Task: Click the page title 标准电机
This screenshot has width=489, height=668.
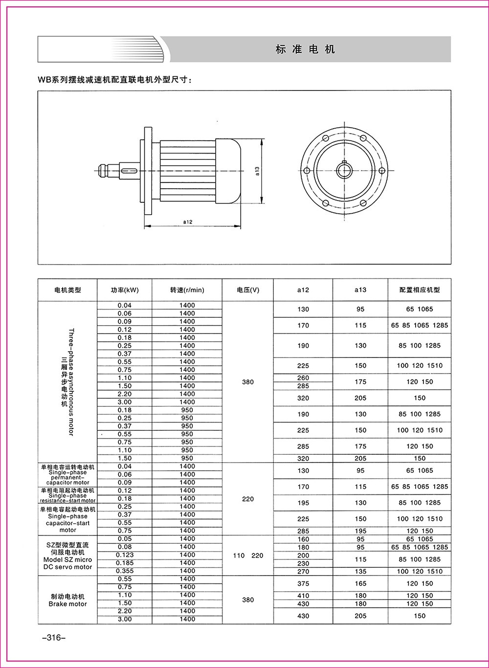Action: tap(305, 49)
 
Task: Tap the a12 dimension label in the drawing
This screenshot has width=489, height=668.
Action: tap(188, 222)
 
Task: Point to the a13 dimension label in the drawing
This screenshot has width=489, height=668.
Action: tap(257, 171)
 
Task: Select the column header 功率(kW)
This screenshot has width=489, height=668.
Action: tap(125, 290)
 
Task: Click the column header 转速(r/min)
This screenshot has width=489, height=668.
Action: tap(187, 290)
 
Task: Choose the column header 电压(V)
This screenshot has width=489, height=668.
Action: tap(248, 290)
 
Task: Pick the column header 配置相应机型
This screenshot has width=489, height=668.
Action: tap(420, 290)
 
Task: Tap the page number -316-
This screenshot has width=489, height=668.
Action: tap(50, 638)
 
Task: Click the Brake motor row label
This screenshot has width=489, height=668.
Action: tap(67, 600)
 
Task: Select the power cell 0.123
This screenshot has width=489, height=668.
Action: tap(125, 555)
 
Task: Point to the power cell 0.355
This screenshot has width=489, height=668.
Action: tap(125, 571)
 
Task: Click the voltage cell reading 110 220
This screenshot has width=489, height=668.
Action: tap(248, 555)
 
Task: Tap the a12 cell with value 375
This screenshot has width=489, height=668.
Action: tap(303, 583)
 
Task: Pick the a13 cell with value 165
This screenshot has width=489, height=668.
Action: tap(360, 583)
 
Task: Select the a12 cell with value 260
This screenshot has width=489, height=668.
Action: tap(303, 378)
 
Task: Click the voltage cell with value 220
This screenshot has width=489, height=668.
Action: tap(248, 499)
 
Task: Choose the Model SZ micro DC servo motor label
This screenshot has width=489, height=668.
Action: tap(67, 556)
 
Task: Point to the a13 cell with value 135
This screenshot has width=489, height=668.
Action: tap(360, 571)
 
